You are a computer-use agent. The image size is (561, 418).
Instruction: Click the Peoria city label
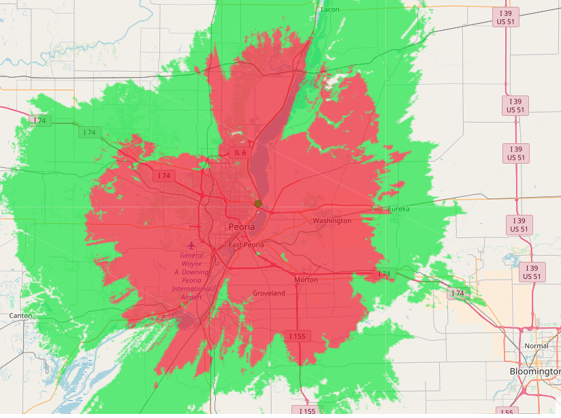point(242,226)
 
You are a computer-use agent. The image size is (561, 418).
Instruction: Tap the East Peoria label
point(245,245)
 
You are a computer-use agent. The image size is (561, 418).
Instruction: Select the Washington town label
point(332,221)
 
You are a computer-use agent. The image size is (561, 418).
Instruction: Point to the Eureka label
point(399,209)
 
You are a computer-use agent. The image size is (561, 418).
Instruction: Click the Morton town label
point(306,280)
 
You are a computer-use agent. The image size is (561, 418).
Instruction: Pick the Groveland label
point(269,293)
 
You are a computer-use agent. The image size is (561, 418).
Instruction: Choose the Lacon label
point(330,9)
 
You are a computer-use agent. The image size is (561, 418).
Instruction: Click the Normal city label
point(536,346)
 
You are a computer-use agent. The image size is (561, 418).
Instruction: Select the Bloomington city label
point(535,371)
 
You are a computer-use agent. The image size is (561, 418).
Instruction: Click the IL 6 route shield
point(238,153)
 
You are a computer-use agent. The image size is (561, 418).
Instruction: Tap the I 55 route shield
point(506,412)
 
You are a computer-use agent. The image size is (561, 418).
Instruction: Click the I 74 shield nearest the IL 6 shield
point(163,176)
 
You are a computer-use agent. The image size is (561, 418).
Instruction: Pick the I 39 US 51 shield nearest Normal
point(530,272)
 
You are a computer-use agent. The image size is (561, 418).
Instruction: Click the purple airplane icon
point(191,244)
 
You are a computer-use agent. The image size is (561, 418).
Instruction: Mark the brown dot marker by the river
point(258,203)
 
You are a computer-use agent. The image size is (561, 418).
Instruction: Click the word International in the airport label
point(191,289)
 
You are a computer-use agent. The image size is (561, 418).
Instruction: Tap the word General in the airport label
point(192,255)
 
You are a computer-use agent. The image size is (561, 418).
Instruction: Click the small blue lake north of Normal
point(509,258)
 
